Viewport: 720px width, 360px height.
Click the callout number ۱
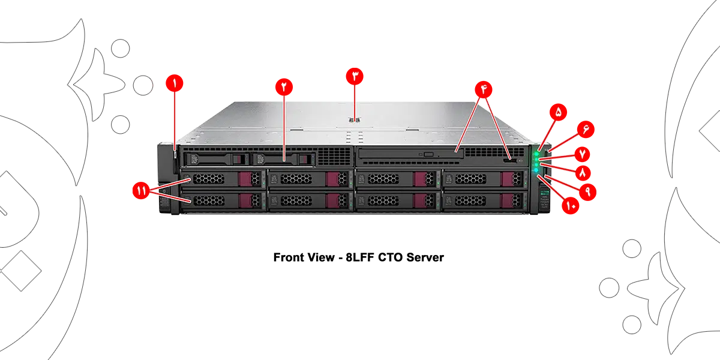point(175,84)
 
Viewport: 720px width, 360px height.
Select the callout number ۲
point(284,85)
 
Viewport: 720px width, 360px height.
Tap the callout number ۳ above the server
point(355,76)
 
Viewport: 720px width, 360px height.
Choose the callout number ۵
point(557,112)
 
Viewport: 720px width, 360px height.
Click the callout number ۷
point(581,154)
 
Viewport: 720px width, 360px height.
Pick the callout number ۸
point(581,172)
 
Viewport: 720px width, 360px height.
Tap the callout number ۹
point(587,191)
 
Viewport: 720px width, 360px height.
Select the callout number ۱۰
point(570,206)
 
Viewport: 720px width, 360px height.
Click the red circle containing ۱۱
point(141,191)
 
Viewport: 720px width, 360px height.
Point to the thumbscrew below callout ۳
point(355,119)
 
